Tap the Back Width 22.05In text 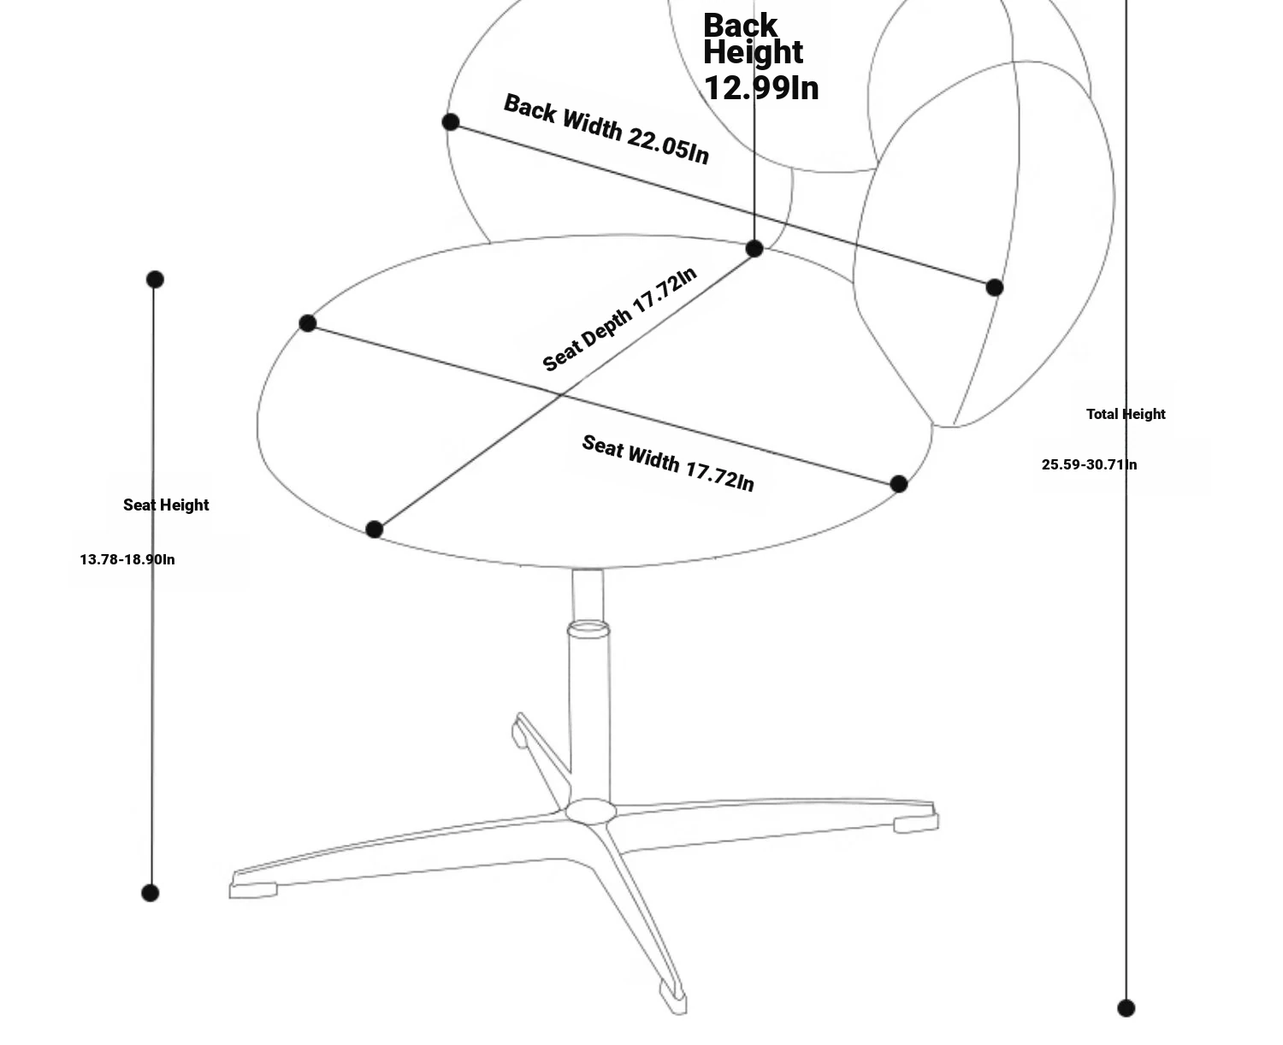pos(606,129)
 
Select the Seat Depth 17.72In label pos(619,319)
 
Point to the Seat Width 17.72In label pos(668,463)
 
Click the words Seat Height pos(166,505)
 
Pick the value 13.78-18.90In pos(127,559)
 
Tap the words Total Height pos(1126,414)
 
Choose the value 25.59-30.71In pos(1089,464)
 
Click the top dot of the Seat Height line pos(155,280)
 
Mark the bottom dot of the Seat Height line pos(150,893)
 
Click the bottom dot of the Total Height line pos(1126,1008)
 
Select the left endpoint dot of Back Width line pos(451,122)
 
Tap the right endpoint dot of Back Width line pos(994,287)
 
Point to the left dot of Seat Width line pos(308,323)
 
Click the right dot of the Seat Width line pos(898,484)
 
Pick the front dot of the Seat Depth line pos(374,529)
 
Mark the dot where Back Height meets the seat pos(754,248)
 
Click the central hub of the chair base pos(590,811)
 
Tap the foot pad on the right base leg pos(916,824)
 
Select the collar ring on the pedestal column pos(588,629)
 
